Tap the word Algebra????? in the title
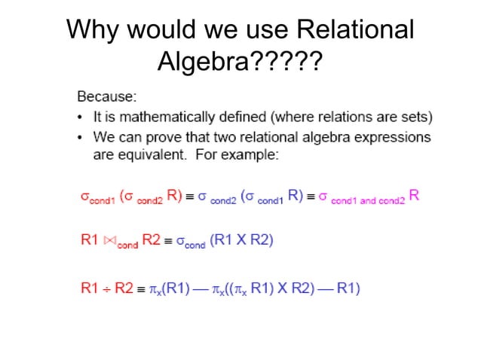[240, 63]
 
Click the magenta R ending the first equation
[414, 196]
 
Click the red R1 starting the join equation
[90, 241]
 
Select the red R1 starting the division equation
[90, 287]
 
